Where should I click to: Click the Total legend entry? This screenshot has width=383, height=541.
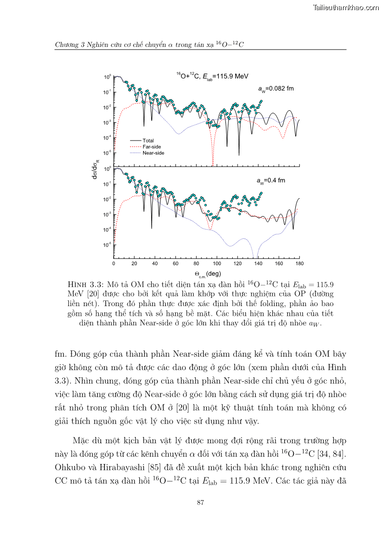148,141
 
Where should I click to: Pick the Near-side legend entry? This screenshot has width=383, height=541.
153,153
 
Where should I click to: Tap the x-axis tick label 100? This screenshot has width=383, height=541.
217,264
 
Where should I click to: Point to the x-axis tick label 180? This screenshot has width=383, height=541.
299,264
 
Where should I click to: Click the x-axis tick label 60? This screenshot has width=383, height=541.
175,264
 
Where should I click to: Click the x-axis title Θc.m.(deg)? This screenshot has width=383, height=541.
208,274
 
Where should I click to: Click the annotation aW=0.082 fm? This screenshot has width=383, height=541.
276,89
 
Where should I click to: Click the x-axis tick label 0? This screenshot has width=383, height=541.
114,264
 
